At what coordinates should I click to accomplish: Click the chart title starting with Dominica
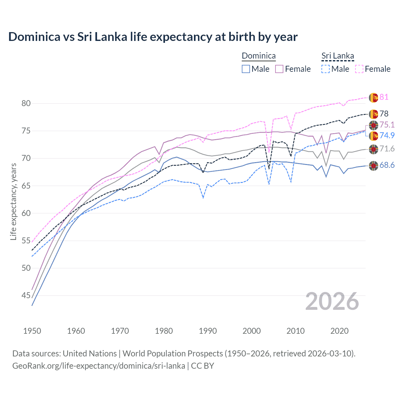(x=153, y=37)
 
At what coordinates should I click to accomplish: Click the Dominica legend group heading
(x=258, y=56)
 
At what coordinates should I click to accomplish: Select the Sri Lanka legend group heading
(x=338, y=56)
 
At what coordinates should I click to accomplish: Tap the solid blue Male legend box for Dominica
(x=246, y=69)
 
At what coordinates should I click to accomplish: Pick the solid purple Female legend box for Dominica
(x=279, y=69)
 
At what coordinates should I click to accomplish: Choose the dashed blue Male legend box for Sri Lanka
(x=326, y=69)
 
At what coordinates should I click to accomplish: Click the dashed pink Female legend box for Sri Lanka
(x=359, y=69)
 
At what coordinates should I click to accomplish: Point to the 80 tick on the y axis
(x=26, y=104)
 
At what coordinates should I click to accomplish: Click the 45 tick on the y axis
(x=26, y=295)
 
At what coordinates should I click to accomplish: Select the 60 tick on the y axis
(x=26, y=213)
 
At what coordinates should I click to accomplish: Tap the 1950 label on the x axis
(x=32, y=331)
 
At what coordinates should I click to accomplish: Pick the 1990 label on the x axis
(x=208, y=331)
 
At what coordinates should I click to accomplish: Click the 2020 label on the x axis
(x=339, y=331)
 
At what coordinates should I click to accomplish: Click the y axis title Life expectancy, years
(x=13, y=201)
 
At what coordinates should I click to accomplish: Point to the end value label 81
(x=384, y=97)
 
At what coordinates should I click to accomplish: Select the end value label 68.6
(x=387, y=165)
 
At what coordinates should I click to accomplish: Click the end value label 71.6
(x=387, y=149)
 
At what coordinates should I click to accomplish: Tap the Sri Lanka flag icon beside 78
(x=373, y=114)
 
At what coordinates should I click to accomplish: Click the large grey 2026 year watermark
(x=332, y=301)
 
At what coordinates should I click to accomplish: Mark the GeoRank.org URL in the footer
(x=99, y=366)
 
